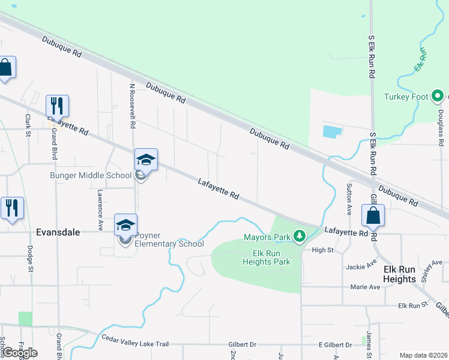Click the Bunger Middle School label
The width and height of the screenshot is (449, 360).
coord(90,176)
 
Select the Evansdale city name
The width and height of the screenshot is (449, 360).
coord(58,232)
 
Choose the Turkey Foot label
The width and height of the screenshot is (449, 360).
coord(406,96)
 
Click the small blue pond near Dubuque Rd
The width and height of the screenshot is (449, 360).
coord(332,131)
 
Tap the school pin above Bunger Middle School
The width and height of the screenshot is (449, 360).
coord(146,160)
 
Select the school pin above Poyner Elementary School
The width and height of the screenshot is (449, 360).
coord(126,225)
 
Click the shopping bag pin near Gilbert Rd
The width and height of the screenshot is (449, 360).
coord(373,215)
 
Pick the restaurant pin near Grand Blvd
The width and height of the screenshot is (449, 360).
coord(58,106)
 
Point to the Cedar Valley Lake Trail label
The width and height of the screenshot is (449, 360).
coord(135,344)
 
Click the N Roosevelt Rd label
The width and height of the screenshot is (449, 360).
coord(132,106)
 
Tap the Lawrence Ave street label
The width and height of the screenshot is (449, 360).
coord(100,211)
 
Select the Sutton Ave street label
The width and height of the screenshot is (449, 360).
coord(349,200)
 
